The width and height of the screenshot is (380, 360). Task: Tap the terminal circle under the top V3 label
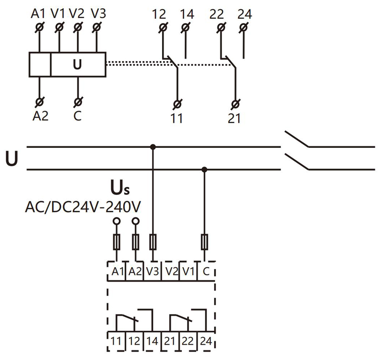click(97, 27)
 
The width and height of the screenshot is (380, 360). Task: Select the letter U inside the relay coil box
click(77, 64)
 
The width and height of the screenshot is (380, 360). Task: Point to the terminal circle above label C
click(77, 102)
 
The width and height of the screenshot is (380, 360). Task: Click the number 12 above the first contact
click(159, 13)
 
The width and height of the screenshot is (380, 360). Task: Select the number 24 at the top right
click(244, 13)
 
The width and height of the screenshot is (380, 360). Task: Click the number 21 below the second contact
click(234, 117)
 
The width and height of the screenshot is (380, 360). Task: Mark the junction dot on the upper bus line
click(153, 146)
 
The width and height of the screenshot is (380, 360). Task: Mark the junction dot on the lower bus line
click(204, 169)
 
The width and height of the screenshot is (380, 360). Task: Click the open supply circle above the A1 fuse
click(116, 221)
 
